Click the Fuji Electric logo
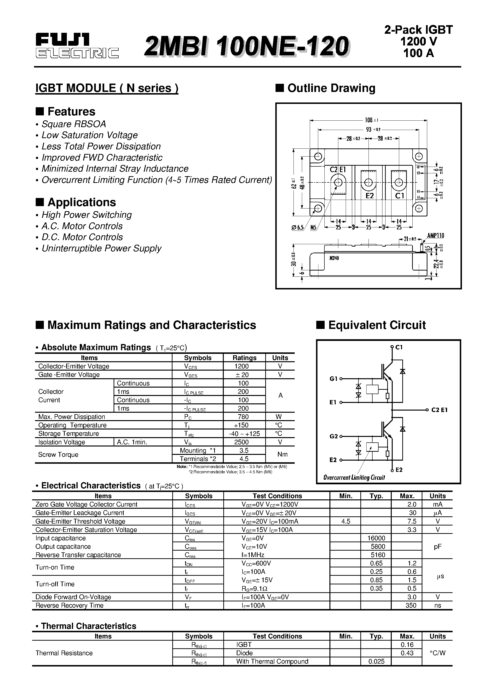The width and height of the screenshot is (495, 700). (77, 46)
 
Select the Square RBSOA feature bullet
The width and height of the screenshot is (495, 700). (74, 124)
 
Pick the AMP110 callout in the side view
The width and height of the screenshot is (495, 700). (436, 235)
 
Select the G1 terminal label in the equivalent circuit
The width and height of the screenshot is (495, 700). (333, 379)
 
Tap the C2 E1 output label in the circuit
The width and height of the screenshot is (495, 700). (439, 410)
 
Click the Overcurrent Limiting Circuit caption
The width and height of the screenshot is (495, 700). (354, 477)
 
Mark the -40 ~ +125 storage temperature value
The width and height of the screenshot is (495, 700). (244, 434)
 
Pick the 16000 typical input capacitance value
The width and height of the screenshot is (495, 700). (376, 538)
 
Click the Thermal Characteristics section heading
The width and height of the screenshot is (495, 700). (88, 626)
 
